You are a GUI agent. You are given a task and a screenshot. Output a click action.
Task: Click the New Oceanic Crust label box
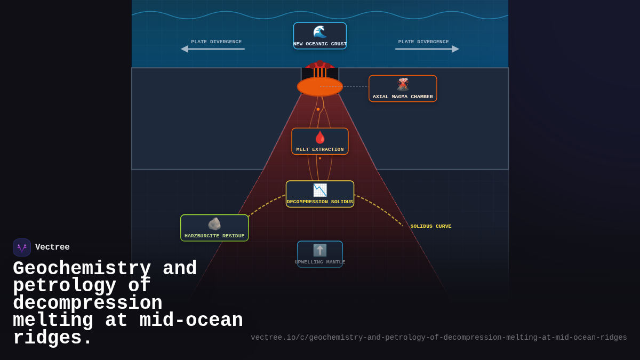pos(320,36)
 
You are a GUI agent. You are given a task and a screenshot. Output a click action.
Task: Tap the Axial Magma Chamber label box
pos(403,89)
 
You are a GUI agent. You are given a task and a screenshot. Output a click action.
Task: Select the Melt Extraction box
pos(320,141)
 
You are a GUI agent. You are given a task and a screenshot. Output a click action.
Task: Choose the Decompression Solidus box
pos(320,194)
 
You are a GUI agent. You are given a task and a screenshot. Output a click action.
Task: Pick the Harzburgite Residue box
pos(214,228)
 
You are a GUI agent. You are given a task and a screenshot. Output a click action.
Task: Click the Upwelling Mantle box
pos(320,254)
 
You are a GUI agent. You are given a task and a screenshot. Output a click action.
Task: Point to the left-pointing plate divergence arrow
pos(213,49)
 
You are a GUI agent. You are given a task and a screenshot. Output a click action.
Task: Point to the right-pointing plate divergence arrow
pos(427,49)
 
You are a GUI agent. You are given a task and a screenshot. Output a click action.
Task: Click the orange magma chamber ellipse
pos(320,86)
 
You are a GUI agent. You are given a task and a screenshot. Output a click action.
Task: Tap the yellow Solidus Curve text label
pos(430,226)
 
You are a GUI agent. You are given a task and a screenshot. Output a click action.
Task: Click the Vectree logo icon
pos(22,247)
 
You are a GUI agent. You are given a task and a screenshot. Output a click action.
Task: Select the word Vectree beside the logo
pos(52,247)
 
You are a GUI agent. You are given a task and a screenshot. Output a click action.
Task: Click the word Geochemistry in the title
pos(82,268)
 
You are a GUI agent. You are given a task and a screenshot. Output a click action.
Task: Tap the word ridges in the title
pos(53,338)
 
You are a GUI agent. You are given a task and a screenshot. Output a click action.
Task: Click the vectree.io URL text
pos(439,338)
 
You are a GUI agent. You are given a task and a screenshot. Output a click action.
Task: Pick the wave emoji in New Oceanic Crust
pos(320,32)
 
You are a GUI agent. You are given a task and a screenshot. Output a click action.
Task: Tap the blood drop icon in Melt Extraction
pos(320,137)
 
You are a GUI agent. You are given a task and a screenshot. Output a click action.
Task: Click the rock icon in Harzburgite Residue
pos(214,224)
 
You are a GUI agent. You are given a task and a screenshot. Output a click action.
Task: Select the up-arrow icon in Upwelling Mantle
pos(320,250)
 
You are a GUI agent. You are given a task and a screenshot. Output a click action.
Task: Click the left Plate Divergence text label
pos(216,42)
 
